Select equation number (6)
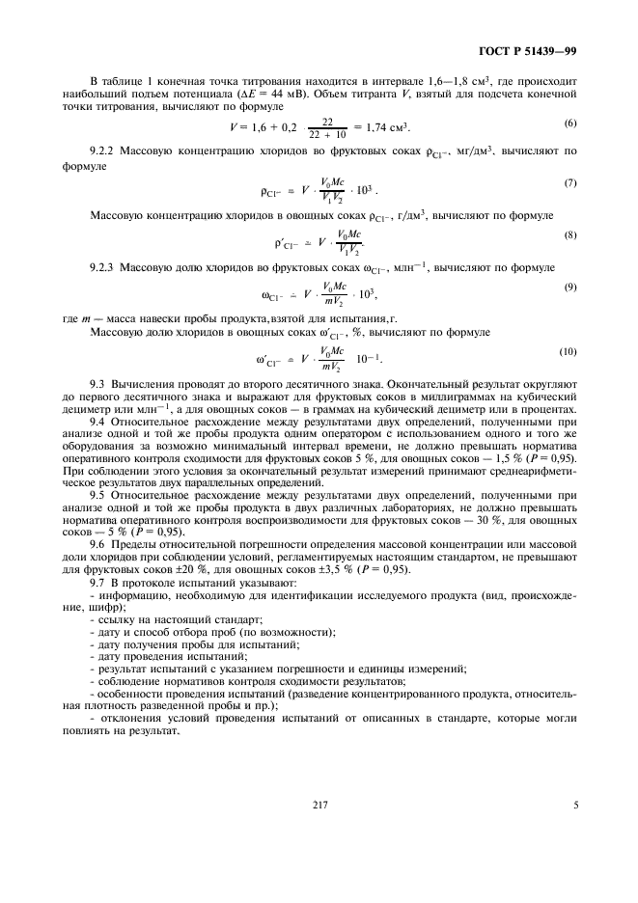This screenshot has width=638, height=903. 569,123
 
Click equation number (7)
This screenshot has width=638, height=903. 569,182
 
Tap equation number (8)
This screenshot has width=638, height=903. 569,234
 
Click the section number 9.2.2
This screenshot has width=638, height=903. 105,151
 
